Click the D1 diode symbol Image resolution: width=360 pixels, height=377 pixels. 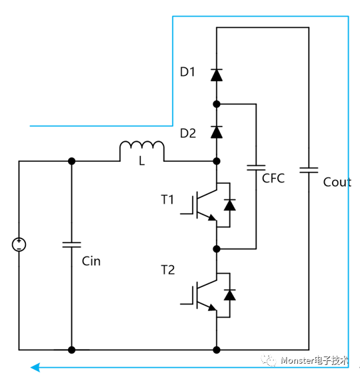[x=217, y=75]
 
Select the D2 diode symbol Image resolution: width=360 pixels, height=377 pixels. [x=217, y=132]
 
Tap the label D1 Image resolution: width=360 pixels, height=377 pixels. [x=187, y=72]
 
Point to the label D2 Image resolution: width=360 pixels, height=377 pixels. [x=188, y=133]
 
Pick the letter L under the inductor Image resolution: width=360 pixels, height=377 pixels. [x=142, y=161]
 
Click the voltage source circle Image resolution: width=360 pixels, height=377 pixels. [x=19, y=244]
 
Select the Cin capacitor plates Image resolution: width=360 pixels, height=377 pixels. [x=71, y=244]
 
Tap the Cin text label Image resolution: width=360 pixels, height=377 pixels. [x=91, y=261]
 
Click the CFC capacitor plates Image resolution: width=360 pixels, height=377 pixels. [x=256, y=168]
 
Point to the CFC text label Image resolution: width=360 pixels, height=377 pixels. [x=273, y=179]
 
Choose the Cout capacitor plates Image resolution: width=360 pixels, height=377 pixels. [x=309, y=171]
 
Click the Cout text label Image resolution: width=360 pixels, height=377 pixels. [x=337, y=183]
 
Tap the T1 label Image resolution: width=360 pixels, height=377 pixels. [x=167, y=200]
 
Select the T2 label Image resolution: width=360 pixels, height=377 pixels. [x=168, y=270]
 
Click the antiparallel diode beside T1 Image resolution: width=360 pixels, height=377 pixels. [x=229, y=205]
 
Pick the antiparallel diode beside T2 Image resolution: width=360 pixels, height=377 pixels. [x=229, y=295]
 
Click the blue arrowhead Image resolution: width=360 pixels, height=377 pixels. [x=35, y=368]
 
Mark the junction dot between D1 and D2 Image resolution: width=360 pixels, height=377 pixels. [x=217, y=104]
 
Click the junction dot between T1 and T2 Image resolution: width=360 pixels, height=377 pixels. [x=217, y=249]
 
